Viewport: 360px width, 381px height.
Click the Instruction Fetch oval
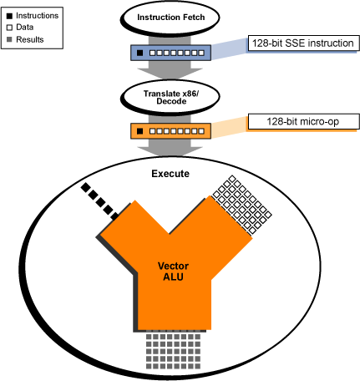(170, 18)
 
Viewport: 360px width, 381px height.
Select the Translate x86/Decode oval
(170, 97)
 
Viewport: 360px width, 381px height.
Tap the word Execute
(170, 174)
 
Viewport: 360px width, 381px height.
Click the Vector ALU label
(173, 272)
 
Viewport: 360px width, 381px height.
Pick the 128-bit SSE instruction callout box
(303, 43)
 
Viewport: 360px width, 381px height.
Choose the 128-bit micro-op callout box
(303, 122)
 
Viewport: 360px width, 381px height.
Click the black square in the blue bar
(140, 53)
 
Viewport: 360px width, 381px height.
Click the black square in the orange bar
(140, 131)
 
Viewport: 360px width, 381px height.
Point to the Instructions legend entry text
(38, 16)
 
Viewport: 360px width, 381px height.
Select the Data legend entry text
(25, 28)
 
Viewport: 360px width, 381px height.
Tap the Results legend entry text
(30, 39)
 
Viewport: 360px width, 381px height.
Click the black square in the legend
(10, 16)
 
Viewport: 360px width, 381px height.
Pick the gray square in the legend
(9, 39)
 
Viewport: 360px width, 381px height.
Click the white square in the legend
(10, 28)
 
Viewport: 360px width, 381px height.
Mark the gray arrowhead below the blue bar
(170, 73)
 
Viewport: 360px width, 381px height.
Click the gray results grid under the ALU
(173, 352)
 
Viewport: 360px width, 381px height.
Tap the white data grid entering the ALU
(241, 205)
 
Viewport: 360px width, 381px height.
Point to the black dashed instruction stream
(99, 201)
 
